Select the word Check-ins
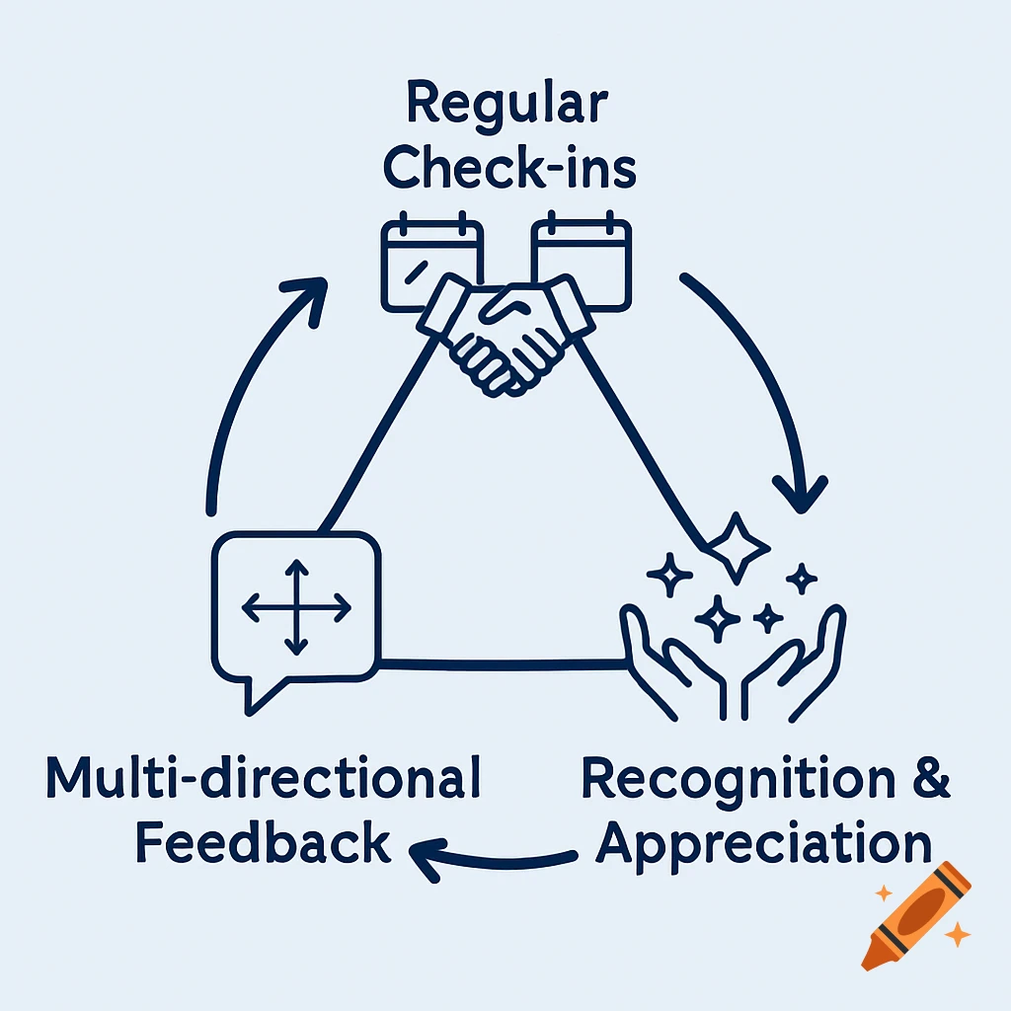[x=509, y=169]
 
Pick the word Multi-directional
[x=264, y=780]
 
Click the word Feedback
[x=263, y=844]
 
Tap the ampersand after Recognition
[x=929, y=779]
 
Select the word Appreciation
[x=765, y=844]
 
